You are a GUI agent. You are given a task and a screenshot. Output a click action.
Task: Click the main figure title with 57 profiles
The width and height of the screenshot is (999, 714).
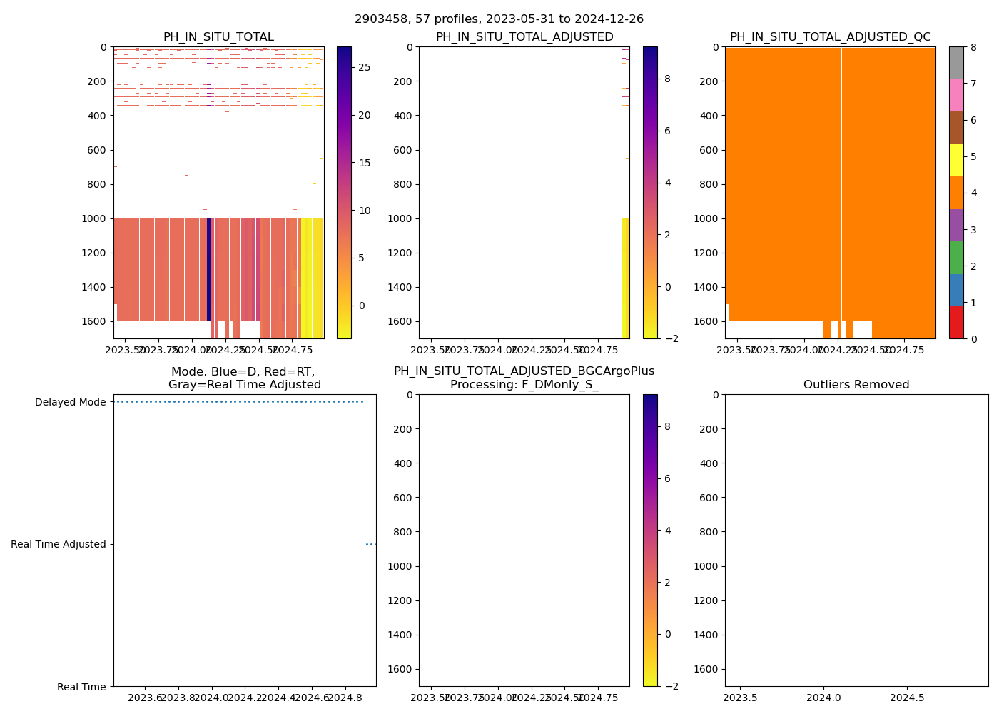(x=499, y=19)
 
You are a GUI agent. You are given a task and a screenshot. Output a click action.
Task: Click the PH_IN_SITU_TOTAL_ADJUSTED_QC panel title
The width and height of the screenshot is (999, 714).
(x=830, y=37)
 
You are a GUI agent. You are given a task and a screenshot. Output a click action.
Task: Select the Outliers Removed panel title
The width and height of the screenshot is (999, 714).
(x=856, y=385)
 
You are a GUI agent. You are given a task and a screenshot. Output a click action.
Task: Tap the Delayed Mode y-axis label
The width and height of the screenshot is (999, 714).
(x=70, y=402)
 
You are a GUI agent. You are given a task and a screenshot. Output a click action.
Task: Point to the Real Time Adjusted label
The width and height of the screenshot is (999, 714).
(x=59, y=544)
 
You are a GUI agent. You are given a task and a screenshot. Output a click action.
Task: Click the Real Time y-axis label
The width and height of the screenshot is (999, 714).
(x=81, y=687)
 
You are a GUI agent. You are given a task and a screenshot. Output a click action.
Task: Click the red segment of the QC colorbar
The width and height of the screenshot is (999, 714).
(x=956, y=322)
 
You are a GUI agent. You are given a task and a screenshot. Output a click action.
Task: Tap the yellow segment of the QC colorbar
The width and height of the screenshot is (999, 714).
(x=956, y=160)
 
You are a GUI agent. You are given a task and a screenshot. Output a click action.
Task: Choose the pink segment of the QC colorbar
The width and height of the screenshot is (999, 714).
(x=956, y=95)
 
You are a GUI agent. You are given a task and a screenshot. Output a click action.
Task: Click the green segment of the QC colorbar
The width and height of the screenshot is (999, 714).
(x=956, y=257)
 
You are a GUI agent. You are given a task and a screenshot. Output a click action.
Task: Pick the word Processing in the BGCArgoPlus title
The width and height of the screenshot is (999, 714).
(x=480, y=385)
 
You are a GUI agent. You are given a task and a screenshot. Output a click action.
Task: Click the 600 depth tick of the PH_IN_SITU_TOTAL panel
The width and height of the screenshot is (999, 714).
(x=97, y=150)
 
